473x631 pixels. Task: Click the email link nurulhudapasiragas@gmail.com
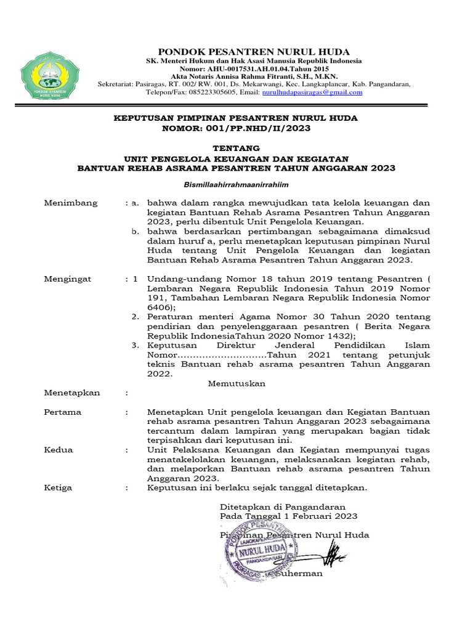coord(312,92)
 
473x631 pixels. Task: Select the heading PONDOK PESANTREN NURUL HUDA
coord(254,52)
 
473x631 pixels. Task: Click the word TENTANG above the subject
coord(236,148)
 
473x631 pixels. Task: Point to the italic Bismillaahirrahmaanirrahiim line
coord(236,184)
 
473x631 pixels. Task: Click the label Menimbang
coord(67,203)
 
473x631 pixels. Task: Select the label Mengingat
coord(67,279)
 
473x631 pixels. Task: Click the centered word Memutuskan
coord(236,383)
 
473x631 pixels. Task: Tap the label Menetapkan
coord(71,393)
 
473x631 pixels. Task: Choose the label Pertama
coord(62,412)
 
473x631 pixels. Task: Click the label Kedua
coord(59,450)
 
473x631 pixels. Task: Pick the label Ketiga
coord(58,487)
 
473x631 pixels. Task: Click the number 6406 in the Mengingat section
coord(160,307)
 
